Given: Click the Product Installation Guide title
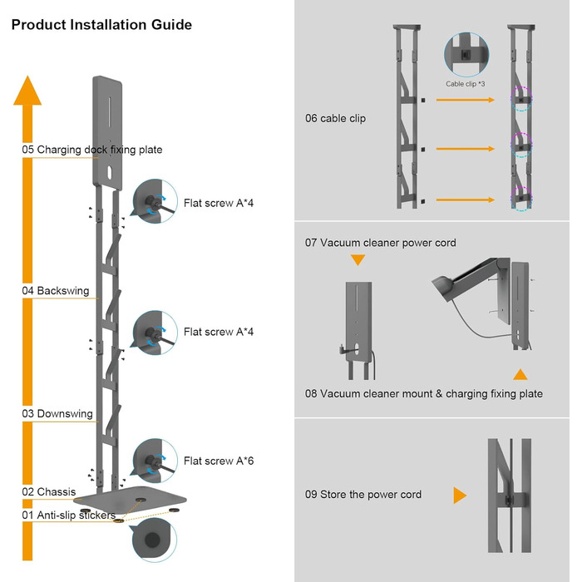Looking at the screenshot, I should coord(101,25).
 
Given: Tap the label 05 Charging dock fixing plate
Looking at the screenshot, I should coord(92,150).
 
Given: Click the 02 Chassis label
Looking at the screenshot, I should coord(49,492).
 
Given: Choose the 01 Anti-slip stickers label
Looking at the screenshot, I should coord(68,515).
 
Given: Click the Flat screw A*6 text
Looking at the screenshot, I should coord(219,461).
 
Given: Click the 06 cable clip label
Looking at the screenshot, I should coord(335,119).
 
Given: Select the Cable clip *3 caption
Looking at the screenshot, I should coord(466,84).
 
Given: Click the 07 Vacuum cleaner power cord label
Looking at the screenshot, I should coord(380,243).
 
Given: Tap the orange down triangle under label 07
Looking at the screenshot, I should coord(358,261).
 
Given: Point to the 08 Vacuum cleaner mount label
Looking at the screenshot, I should coord(424,393).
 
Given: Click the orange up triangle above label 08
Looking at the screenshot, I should coord(520,374).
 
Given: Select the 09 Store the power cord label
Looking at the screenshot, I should coord(363,495).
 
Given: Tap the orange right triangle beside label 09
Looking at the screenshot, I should coord(459,496).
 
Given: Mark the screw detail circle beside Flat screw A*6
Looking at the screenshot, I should coord(155,461).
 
